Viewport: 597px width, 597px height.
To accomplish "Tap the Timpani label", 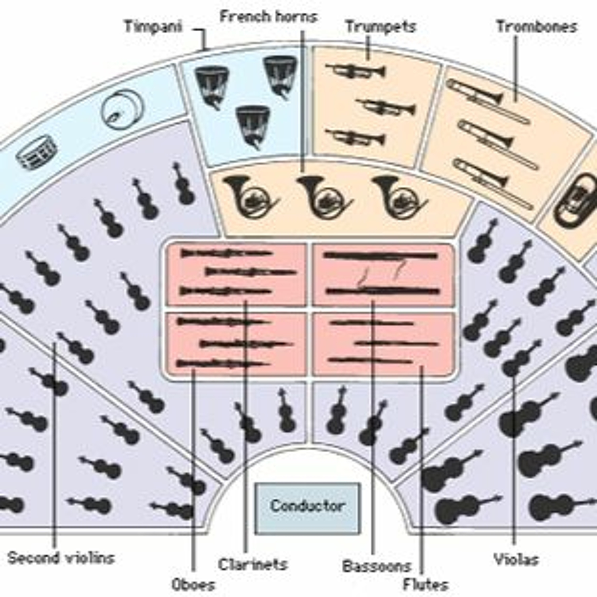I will [154, 27].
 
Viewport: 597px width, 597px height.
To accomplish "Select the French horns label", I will [268, 17].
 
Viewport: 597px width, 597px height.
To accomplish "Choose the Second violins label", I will [61, 558].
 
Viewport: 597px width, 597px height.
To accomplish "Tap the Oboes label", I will [193, 585].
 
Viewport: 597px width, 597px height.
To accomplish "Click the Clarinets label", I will [253, 564].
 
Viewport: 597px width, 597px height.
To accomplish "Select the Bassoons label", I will [376, 566].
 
